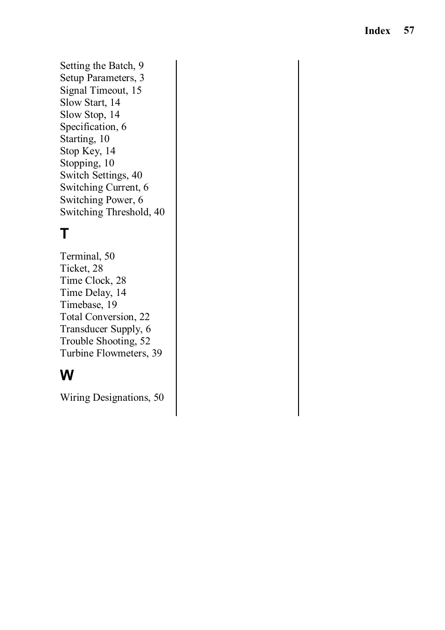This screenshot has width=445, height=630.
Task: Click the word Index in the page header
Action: point(377,31)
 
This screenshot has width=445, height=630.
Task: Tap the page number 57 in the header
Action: point(409,30)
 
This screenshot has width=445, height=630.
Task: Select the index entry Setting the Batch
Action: point(102,66)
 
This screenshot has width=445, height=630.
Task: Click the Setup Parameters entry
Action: point(102,78)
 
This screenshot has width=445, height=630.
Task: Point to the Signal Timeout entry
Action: point(100,90)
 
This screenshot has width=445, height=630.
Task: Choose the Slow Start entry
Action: point(90,103)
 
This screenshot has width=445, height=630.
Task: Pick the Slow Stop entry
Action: point(90,115)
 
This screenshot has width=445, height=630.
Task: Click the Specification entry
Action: point(93,127)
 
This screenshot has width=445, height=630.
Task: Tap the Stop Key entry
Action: point(88,151)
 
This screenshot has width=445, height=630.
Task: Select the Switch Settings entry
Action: point(101,175)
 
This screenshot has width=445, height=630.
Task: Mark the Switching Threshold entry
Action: point(112,212)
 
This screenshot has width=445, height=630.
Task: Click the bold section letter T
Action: point(64,234)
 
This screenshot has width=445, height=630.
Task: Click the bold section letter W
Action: point(67,375)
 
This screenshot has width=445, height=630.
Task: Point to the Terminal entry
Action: point(87,256)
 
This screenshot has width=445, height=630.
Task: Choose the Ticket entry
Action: point(81,268)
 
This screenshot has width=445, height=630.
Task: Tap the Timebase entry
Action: point(88,305)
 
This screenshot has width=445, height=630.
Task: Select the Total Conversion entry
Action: point(104,317)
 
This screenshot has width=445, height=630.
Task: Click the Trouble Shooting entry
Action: point(105,341)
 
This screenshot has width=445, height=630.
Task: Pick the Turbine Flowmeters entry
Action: point(111,353)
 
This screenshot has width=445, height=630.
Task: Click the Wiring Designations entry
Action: point(111,397)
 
